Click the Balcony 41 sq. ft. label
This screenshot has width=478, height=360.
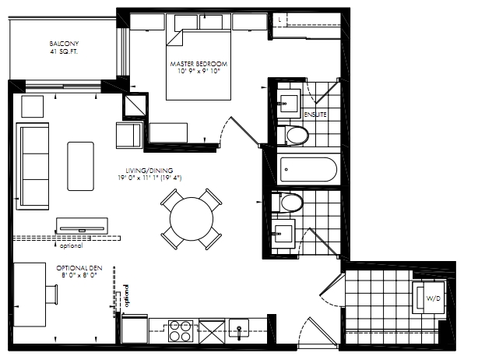(x=64, y=48)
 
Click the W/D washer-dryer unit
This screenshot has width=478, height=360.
(x=428, y=298)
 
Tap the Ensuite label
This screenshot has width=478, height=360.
(x=315, y=115)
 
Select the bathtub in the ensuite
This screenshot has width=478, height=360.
(x=308, y=170)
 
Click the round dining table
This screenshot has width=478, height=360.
(x=192, y=219)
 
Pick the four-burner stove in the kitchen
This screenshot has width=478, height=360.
(x=181, y=331)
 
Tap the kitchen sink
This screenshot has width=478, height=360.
(x=239, y=328)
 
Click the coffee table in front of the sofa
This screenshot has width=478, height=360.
(x=80, y=166)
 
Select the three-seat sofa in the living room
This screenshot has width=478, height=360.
(x=33, y=166)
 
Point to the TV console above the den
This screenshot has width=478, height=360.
(x=82, y=226)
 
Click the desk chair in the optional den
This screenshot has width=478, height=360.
(x=51, y=295)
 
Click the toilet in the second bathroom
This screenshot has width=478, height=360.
(x=287, y=202)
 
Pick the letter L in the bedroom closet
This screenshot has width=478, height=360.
(x=279, y=19)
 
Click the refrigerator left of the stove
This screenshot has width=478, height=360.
(x=135, y=329)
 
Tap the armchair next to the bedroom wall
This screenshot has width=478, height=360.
(x=129, y=135)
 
